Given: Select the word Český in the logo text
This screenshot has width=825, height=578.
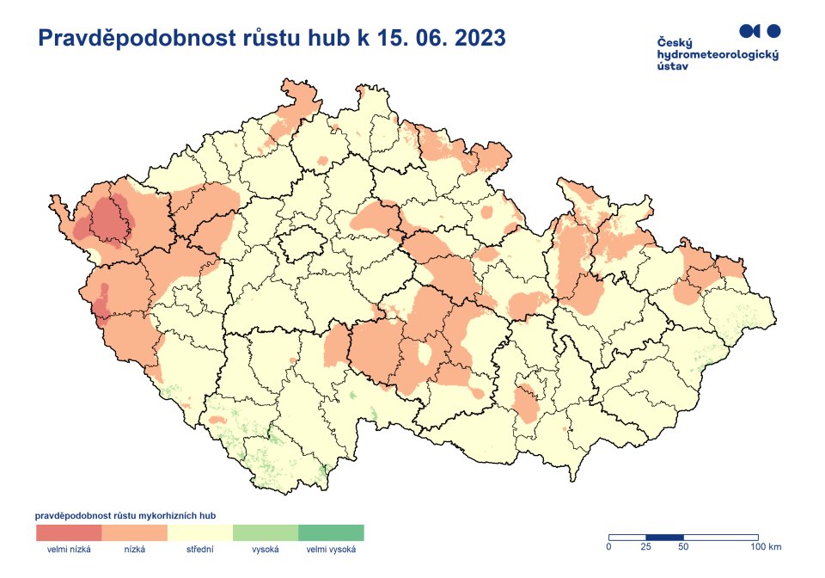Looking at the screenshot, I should (675, 43).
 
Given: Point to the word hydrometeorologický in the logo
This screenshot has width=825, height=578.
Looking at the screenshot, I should (717, 54).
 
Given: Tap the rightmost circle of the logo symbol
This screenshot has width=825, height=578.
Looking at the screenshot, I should (773, 31).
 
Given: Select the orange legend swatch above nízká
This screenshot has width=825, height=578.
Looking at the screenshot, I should (134, 532).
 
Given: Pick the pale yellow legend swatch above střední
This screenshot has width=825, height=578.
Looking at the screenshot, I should (200, 532).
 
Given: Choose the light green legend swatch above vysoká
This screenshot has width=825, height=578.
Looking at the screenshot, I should (266, 532).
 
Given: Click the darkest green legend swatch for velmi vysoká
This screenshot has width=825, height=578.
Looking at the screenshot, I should (331, 532).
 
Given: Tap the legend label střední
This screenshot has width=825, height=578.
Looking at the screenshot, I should (200, 549).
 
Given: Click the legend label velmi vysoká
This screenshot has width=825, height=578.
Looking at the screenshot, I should (331, 549).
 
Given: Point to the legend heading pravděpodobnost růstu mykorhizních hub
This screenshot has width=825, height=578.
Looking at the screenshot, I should (125, 515).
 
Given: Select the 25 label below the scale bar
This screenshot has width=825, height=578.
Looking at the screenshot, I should (645, 547).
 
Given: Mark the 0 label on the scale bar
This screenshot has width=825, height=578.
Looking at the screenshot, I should (608, 547).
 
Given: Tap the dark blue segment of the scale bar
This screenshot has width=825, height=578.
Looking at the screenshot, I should (664, 537).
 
